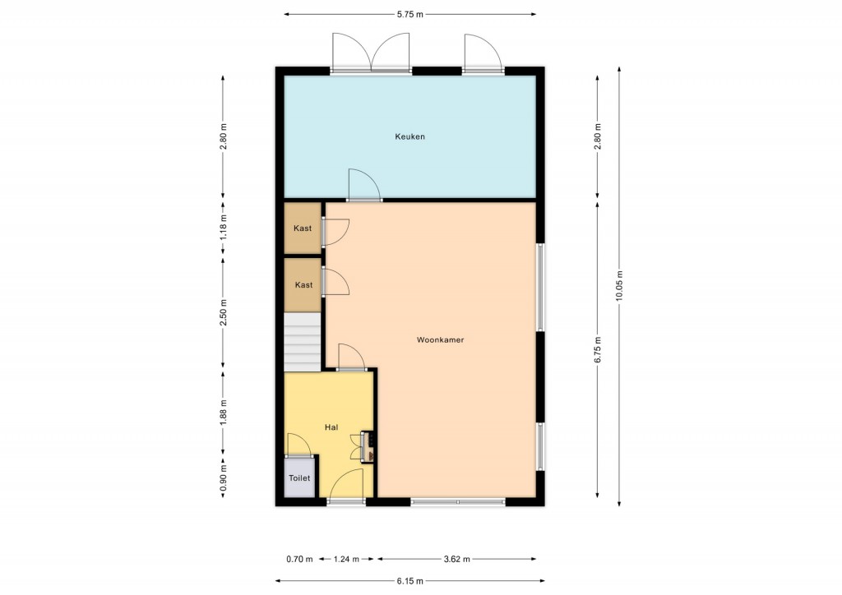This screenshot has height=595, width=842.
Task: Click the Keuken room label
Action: point(409,136)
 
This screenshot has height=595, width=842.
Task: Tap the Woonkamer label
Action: point(441,340)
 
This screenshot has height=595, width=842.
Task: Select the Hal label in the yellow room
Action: point(331,427)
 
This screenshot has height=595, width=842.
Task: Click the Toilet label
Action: point(299,478)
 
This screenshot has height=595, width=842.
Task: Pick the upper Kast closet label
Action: point(303,228)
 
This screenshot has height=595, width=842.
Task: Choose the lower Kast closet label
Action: point(304,285)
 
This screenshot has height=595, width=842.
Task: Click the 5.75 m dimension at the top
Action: point(410,15)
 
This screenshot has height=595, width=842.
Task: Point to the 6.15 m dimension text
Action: point(410,580)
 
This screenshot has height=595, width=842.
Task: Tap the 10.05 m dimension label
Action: point(619,285)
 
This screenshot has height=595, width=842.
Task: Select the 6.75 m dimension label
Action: point(598,350)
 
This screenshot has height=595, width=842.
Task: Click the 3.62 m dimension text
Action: point(457,559)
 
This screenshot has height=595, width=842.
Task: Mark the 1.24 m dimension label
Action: point(346,559)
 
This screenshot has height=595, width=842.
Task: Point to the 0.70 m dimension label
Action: point(299,559)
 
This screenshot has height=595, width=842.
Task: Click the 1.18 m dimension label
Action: point(224,228)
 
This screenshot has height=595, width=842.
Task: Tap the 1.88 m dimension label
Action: point(224,413)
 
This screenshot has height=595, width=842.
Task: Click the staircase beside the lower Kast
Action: point(303,343)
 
